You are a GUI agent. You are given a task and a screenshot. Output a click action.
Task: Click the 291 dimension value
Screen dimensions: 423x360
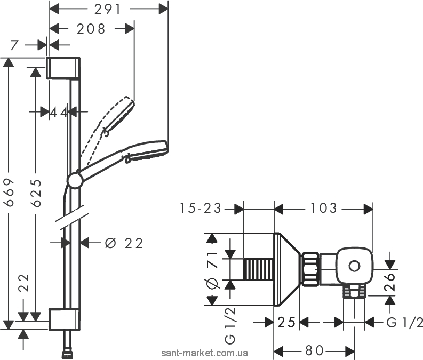[107, 10]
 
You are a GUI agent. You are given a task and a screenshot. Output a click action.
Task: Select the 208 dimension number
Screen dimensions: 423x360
[91, 29]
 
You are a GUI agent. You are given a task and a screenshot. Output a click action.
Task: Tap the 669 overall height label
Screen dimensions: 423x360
[10, 192]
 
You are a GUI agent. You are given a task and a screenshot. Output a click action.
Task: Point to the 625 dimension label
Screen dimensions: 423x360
[36, 193]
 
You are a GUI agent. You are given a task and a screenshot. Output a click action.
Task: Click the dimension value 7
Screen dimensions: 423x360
[14, 45]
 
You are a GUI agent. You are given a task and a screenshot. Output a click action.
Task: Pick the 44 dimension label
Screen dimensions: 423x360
[59, 112]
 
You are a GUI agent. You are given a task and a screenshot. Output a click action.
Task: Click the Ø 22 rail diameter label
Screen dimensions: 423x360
[124, 243]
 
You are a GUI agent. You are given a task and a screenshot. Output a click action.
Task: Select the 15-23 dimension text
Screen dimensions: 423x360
[201, 209]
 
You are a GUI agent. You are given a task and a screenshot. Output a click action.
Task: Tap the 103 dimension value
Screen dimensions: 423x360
[323, 208]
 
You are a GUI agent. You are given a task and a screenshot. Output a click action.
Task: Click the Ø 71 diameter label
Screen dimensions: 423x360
[212, 270]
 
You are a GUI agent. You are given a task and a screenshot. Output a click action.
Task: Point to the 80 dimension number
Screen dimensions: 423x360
[314, 350]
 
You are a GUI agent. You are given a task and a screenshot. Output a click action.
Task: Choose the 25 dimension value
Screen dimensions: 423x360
[286, 322]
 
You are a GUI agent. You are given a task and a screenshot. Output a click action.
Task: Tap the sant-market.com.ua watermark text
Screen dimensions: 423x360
[204, 353]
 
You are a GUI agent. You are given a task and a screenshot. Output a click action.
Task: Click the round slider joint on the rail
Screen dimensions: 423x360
[75, 180]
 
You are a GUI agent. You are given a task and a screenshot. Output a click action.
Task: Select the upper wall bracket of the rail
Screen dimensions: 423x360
[63, 68]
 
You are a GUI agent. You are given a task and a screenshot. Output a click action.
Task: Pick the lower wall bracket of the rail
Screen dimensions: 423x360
[65, 319]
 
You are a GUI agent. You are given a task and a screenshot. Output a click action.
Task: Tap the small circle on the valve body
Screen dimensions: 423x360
[354, 266]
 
